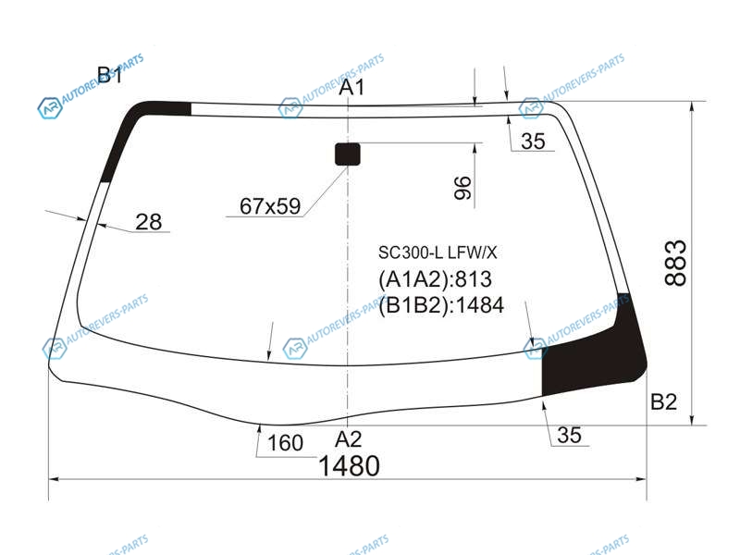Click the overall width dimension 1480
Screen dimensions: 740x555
[x=349, y=466]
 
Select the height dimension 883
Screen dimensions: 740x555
[x=675, y=263]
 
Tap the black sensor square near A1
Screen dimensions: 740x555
[x=348, y=154]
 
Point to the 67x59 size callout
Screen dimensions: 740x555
[x=270, y=206]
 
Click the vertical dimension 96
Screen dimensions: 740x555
[x=462, y=188]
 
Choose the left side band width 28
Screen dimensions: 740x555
[x=148, y=222]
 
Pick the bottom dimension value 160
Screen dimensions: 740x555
[x=285, y=443]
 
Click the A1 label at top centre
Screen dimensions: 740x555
[x=352, y=87]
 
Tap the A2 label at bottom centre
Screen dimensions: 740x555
[x=349, y=439]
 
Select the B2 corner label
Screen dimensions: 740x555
[x=663, y=401]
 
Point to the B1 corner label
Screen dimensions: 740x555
[x=109, y=75]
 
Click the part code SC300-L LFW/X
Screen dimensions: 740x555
[x=438, y=253]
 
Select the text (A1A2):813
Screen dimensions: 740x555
[x=435, y=279]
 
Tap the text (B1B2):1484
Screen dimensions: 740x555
[x=441, y=305]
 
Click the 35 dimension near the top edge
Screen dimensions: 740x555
[x=534, y=142]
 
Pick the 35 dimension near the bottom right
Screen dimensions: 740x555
[x=569, y=435]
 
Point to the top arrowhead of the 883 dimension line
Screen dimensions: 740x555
[x=692, y=106]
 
